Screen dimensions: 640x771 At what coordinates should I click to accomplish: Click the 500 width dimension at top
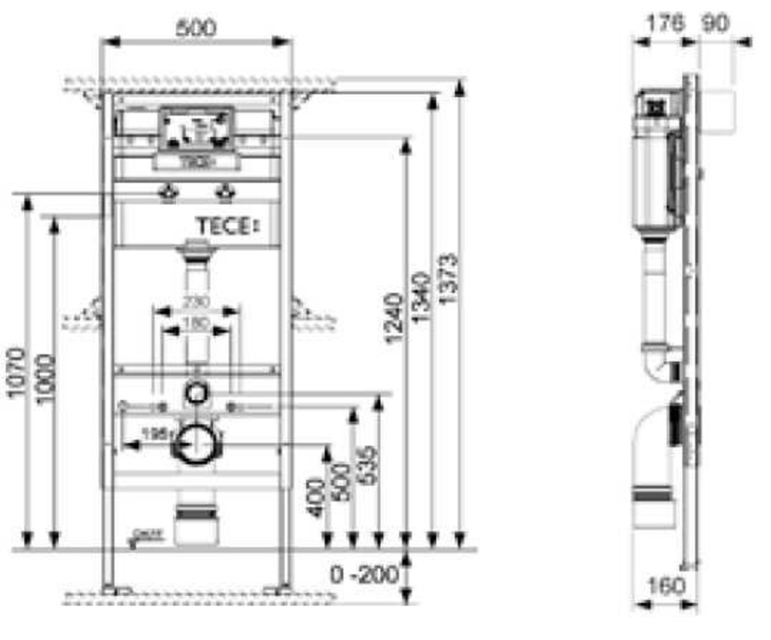tap(196, 28)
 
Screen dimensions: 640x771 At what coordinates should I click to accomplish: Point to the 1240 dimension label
tap(394, 317)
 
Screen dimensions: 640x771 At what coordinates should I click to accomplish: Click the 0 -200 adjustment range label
tap(363, 575)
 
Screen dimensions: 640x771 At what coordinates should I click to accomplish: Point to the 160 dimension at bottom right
tap(662, 586)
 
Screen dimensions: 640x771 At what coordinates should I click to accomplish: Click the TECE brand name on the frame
tap(224, 226)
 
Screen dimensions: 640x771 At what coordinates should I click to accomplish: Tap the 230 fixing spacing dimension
tap(196, 301)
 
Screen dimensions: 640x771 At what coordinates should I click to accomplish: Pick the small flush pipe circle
tap(196, 393)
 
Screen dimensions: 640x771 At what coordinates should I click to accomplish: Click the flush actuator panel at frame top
tap(196, 129)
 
